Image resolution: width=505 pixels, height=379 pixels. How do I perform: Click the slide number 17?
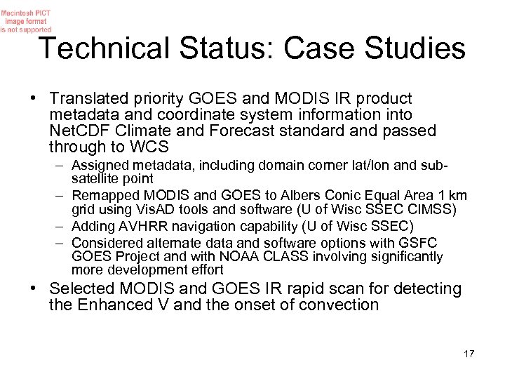pyautogui.click(x=469, y=353)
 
